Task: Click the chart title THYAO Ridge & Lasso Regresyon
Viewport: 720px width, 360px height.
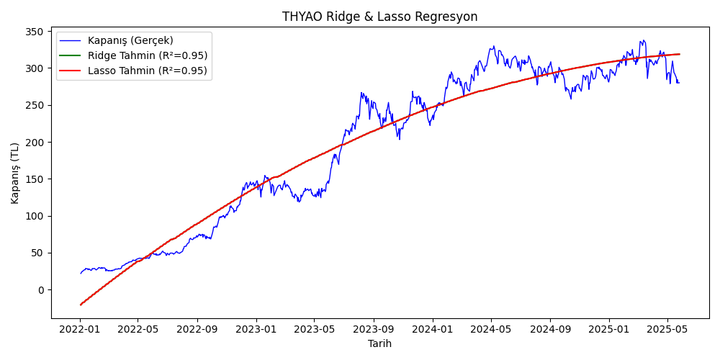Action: pos(379,17)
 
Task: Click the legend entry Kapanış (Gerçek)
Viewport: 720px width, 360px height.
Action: pos(130,40)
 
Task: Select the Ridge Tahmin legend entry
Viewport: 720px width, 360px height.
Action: pos(147,55)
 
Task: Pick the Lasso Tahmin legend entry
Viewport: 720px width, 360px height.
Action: pos(147,71)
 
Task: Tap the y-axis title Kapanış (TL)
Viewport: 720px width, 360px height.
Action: pos(15,173)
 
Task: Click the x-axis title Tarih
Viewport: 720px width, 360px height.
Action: pos(379,343)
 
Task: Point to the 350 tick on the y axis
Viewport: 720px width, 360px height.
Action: pos(34,32)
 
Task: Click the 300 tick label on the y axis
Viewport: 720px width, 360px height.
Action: pos(34,68)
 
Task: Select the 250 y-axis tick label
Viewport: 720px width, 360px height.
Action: pos(34,105)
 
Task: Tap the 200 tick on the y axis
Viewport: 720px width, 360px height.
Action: pos(34,143)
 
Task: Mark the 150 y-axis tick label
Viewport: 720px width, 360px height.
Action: pos(34,179)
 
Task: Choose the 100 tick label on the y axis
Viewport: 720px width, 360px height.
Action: pos(34,216)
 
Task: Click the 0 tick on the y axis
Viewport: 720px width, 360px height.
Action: pos(40,290)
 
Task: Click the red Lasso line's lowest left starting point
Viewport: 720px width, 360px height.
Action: pos(81,305)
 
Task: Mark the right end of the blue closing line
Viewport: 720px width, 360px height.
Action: pos(678,82)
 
